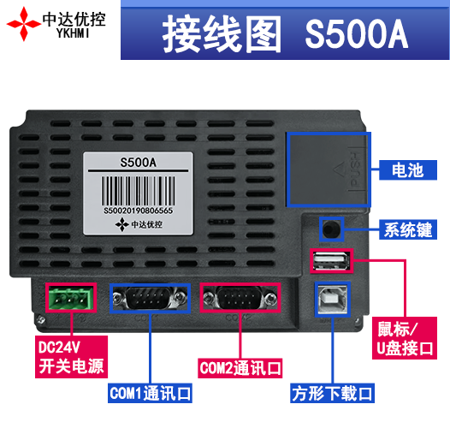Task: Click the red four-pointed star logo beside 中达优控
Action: click(24, 24)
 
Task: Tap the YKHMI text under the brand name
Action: click(73, 33)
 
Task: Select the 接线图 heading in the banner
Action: click(222, 34)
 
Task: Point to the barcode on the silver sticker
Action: click(138, 190)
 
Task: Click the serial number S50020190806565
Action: click(138, 211)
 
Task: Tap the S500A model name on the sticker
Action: click(138, 163)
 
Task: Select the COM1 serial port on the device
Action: click(150, 298)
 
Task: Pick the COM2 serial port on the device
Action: click(240, 298)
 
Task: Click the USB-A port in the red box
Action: click(331, 261)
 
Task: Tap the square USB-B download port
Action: click(333, 299)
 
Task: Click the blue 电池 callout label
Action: click(408, 170)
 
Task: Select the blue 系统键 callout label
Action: click(408, 229)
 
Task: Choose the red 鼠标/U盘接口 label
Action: click(405, 338)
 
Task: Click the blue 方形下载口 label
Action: click(332, 393)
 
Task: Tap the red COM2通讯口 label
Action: click(240, 368)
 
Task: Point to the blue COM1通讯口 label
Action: click(150, 393)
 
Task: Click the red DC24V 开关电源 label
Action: click(71, 357)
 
